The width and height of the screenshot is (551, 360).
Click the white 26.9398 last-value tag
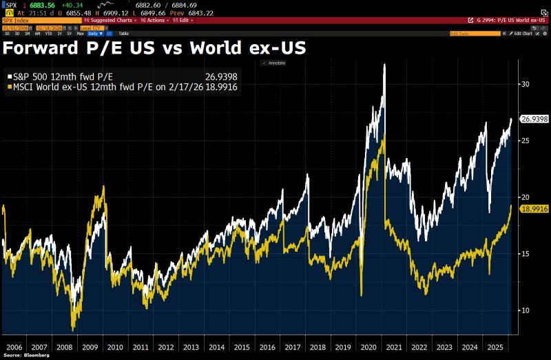click(534, 119)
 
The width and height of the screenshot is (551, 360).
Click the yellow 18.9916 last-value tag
click(534, 209)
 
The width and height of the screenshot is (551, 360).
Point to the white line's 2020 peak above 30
click(384, 65)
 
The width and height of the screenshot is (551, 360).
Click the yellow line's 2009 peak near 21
click(103, 187)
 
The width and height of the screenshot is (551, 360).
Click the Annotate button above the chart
click(273, 63)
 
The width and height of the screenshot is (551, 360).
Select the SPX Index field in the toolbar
click(17, 21)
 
